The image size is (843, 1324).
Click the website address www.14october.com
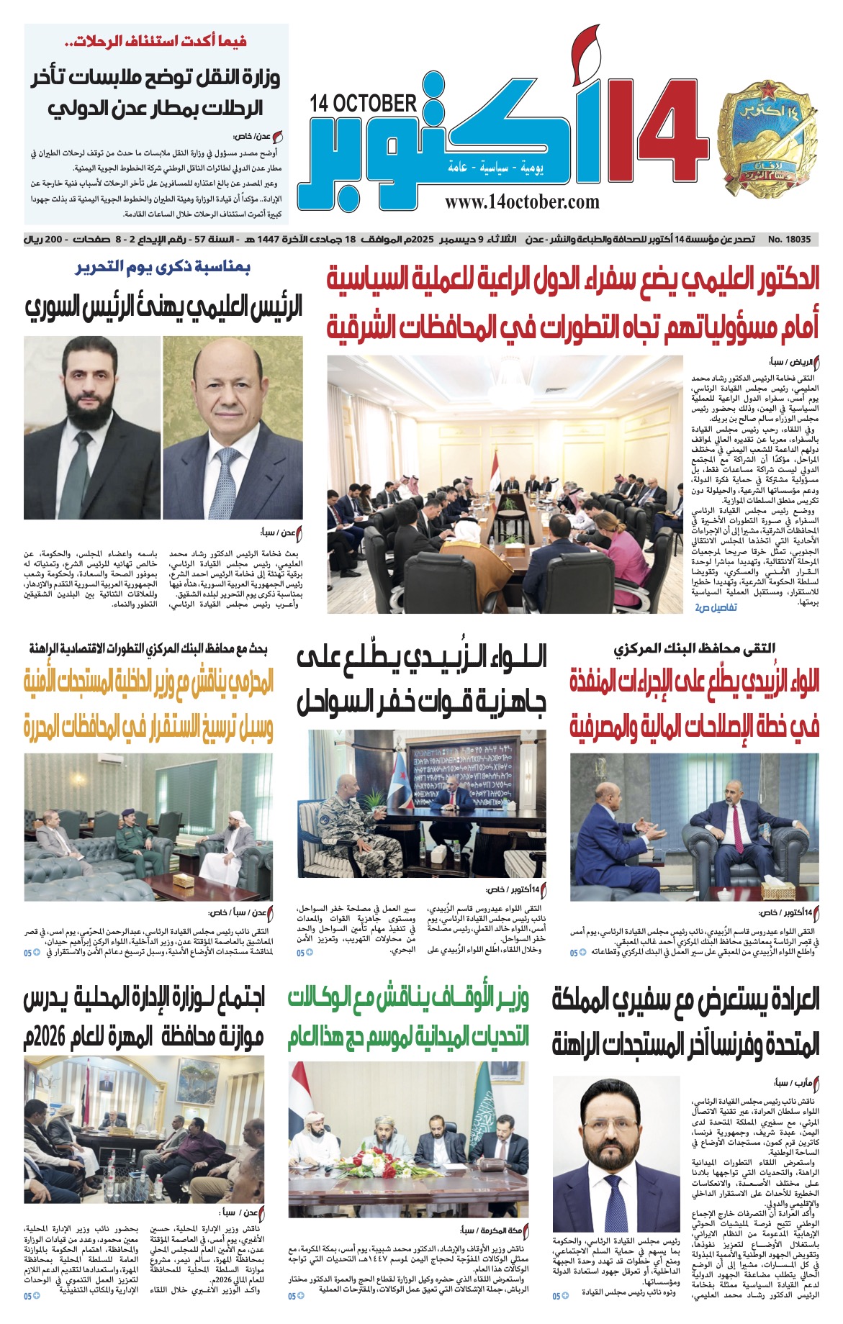point(522,202)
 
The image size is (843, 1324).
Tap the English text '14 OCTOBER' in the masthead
point(364,104)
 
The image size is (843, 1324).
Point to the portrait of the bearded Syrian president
point(92,427)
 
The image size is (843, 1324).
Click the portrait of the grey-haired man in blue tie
point(233,427)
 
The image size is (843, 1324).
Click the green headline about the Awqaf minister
point(408,1018)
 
